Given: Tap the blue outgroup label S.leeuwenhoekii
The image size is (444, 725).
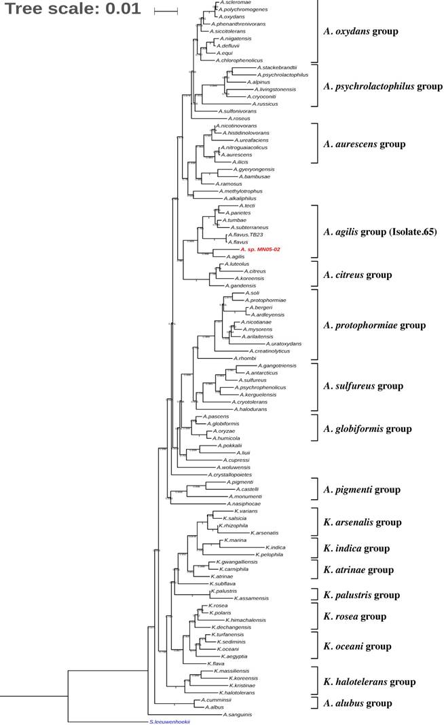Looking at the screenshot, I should [170, 722].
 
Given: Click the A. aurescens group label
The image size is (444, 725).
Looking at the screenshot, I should [365, 144].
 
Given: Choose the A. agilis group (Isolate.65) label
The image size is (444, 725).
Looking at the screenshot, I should [380, 232].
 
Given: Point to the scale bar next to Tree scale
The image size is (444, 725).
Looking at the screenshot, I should [166, 11].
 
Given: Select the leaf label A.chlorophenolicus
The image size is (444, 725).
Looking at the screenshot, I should [238, 60].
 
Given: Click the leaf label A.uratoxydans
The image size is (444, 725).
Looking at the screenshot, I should [279, 344].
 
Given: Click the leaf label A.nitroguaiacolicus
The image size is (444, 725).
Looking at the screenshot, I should [244, 147].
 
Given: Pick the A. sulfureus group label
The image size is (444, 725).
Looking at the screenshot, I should [363, 386].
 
